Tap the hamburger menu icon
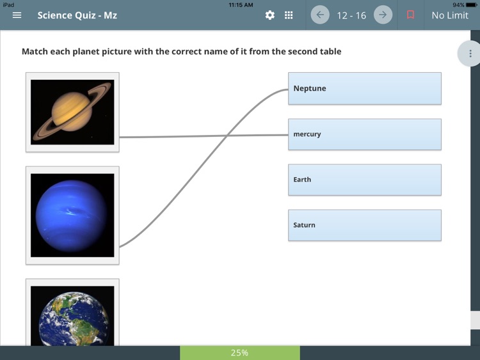[x=17, y=15]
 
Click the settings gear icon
[x=270, y=15]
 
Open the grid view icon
[x=289, y=15]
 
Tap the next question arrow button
[x=383, y=15]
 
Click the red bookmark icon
[x=411, y=15]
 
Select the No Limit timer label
[x=450, y=15]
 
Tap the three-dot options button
[x=470, y=54]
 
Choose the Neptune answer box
[x=364, y=88]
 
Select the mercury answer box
[x=364, y=134]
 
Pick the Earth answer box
[x=364, y=180]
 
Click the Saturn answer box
[x=364, y=225]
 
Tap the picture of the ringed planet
[x=72, y=112]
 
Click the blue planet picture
[x=72, y=215]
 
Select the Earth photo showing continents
[x=72, y=315]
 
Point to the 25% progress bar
[x=239, y=352]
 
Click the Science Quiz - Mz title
[x=77, y=15]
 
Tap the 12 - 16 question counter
[x=351, y=15]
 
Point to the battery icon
[x=471, y=4]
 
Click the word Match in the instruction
[x=34, y=51]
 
